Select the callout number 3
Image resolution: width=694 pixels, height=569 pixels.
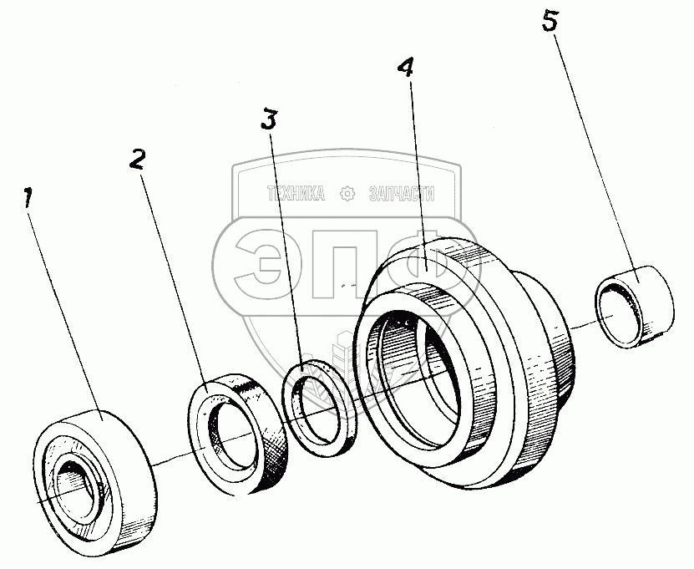[267, 120]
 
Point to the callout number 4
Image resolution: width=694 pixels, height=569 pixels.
[407, 69]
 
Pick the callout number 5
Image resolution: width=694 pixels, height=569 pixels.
[549, 22]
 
